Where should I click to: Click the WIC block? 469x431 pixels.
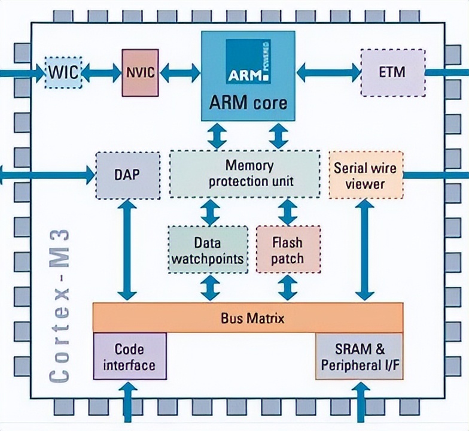64,73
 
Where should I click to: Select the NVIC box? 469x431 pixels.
141,73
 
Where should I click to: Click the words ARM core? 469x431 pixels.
248,102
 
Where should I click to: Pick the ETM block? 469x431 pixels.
392,73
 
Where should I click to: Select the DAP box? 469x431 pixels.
127,175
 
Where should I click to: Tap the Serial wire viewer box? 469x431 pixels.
366,175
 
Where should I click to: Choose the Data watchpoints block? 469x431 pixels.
206,250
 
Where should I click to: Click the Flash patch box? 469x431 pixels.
288,250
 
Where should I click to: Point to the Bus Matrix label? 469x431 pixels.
248,318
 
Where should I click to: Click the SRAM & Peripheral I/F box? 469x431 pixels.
359,357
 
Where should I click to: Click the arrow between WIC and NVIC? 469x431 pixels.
102,73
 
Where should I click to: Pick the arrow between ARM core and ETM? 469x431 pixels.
328,73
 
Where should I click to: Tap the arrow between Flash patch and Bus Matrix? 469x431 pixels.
288,288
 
